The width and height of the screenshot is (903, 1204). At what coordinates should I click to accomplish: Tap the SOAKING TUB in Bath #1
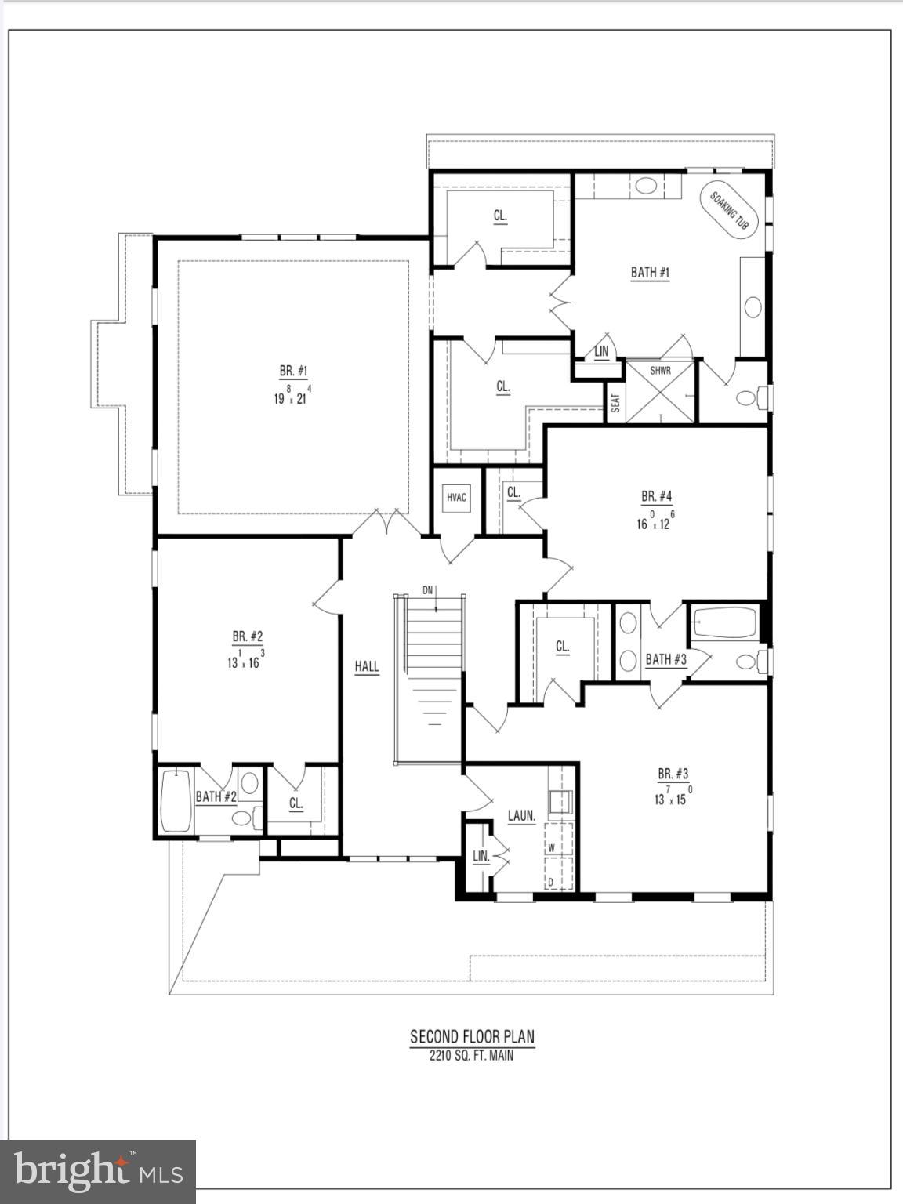coord(729,209)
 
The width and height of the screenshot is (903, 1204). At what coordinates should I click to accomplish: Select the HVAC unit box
coord(456,497)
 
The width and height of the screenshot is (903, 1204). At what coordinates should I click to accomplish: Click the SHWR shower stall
coord(660,391)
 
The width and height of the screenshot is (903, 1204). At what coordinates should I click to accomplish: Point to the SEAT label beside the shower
coord(615,403)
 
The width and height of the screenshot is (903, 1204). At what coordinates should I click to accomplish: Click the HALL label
coord(366,667)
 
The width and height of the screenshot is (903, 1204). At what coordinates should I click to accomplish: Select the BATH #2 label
coord(216,796)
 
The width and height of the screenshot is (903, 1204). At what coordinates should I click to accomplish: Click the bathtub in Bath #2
coord(176,802)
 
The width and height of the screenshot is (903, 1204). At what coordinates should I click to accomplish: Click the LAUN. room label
coord(521,816)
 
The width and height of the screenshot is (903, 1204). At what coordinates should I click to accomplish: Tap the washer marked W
coord(552,847)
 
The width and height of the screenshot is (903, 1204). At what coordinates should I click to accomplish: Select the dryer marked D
coord(552,882)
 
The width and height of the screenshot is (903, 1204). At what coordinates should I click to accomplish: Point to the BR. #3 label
coord(673,774)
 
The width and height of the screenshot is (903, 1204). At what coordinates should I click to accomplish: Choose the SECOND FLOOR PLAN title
coord(472,1037)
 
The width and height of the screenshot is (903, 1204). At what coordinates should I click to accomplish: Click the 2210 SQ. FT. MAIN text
coord(472,1056)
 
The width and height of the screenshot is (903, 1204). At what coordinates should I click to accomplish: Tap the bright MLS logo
coord(98,1171)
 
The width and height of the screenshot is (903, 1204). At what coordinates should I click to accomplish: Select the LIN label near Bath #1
coord(601,352)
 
